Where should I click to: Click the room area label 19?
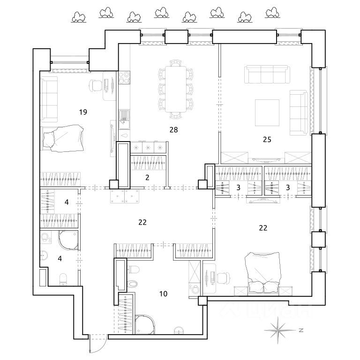pyautogui.click(x=83, y=112)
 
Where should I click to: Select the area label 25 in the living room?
pyautogui.click(x=268, y=139)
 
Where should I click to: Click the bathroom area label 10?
pyautogui.click(x=164, y=294)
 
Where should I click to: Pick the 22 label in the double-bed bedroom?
pyautogui.click(x=263, y=228)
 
